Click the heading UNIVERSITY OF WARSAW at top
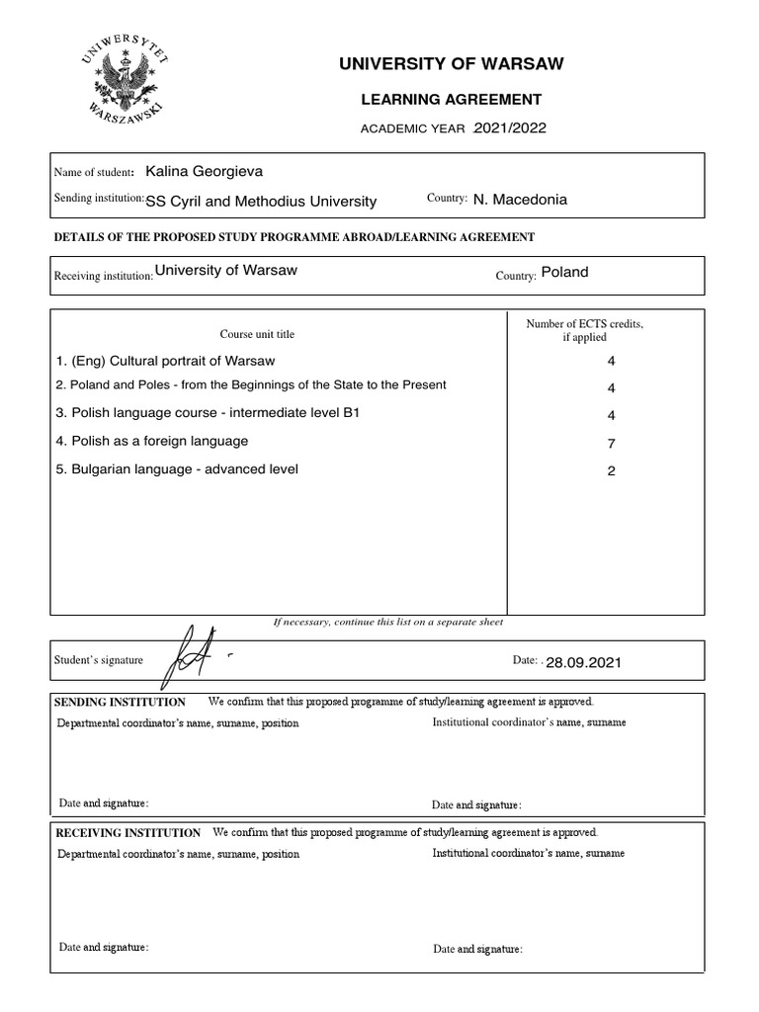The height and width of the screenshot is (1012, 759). [452, 64]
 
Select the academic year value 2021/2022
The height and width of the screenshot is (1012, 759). [510, 127]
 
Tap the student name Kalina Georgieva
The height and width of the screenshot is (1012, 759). [204, 172]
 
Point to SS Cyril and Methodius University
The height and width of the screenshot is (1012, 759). [261, 201]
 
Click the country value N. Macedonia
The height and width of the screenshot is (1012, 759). [520, 200]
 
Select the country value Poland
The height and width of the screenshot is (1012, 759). [564, 272]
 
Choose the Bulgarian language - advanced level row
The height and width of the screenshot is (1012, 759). [177, 468]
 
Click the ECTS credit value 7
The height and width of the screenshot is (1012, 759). [611, 444]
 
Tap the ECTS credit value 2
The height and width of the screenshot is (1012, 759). [611, 471]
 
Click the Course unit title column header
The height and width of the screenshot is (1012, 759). [257, 334]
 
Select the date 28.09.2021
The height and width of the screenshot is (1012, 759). [583, 662]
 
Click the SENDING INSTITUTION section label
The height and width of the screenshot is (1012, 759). [120, 702]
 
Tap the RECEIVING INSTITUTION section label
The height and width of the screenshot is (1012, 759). [127, 832]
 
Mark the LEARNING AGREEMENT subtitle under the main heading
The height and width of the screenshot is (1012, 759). [451, 99]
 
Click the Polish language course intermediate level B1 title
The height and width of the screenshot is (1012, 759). [208, 412]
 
